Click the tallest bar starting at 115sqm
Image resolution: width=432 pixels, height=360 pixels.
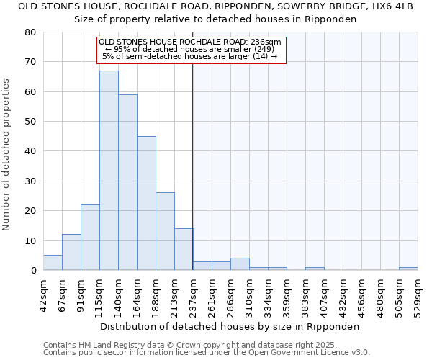pos(109,171)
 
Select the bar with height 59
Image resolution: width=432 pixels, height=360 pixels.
pos(127,182)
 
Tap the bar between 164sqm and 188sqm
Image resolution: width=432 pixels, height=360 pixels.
pos(146,203)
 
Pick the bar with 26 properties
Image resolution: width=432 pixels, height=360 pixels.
pos(165,231)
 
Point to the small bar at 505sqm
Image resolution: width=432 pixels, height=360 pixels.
pos(408,269)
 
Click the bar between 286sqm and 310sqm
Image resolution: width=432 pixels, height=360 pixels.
pos(240,264)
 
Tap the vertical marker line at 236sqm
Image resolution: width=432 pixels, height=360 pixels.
pos(193,166)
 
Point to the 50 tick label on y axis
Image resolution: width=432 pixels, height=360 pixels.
pos(30,122)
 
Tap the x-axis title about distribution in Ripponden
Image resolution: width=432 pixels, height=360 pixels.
pos(229,326)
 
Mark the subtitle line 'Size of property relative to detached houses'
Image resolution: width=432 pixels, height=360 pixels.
pos(215,19)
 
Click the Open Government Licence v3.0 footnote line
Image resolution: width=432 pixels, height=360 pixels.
pos(207,352)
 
